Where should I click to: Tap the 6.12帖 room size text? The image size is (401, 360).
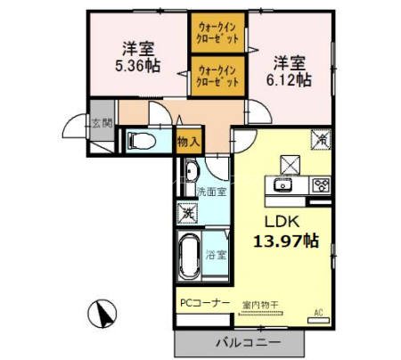292,80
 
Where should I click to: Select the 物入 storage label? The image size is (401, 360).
188,141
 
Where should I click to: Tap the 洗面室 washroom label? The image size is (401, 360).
210,192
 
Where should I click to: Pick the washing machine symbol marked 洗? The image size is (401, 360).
187,213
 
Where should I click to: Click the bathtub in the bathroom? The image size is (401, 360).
188,256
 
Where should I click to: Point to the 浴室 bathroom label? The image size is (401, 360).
217,255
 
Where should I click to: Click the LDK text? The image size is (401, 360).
284,221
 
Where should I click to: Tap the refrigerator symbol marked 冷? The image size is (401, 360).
321,139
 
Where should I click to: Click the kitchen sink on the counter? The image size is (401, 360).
282,186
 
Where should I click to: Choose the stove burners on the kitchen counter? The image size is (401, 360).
320,186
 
